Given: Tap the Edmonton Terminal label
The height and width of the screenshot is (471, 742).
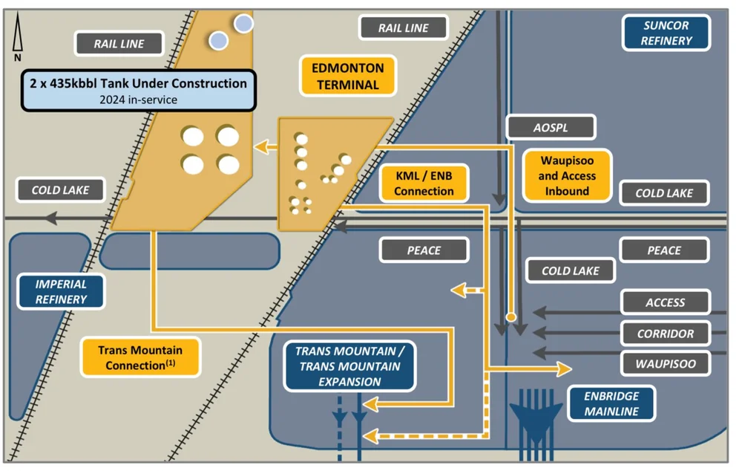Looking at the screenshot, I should [x=347, y=76].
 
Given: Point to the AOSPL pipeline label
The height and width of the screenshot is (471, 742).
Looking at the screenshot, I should [x=550, y=127].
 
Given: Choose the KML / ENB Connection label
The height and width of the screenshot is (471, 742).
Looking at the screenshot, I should [x=423, y=183].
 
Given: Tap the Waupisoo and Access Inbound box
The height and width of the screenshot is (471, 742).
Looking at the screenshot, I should [x=567, y=176].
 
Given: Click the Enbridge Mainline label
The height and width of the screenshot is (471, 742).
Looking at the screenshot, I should [x=611, y=403].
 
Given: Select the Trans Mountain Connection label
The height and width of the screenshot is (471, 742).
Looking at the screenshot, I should [x=139, y=357].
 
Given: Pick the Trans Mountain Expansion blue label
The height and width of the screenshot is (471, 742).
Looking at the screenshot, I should [x=349, y=366].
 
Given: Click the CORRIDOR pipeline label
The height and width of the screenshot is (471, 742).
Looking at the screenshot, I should [x=665, y=334].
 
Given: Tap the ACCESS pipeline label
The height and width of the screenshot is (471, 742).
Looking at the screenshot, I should [x=665, y=302].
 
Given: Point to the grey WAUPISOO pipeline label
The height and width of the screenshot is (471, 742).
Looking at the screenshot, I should [x=665, y=364].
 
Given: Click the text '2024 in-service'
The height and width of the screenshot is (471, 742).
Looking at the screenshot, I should [x=139, y=100].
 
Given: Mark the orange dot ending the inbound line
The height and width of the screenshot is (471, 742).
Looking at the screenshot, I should [x=510, y=317].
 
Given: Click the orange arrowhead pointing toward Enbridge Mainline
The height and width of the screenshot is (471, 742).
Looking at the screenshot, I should [x=564, y=369].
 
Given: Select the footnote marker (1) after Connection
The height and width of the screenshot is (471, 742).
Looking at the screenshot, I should [x=170, y=363].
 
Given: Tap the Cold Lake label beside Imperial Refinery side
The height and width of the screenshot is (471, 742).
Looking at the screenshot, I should [x=60, y=190].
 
